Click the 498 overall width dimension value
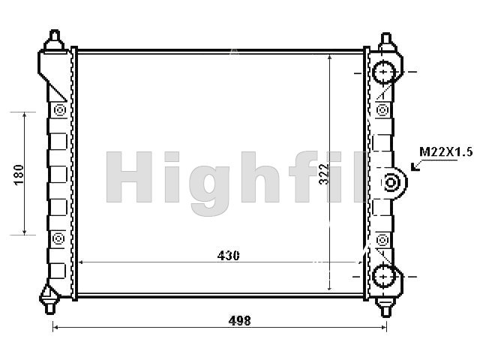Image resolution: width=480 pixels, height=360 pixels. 240,320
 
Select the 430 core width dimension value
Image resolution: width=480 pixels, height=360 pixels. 228,256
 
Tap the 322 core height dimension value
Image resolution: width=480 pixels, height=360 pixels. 323,174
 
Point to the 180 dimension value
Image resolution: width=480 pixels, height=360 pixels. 19,175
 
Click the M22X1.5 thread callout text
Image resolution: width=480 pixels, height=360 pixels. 446,152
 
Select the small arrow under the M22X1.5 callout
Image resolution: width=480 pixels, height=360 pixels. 415,166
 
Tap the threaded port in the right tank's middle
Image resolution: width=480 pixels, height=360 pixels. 391,183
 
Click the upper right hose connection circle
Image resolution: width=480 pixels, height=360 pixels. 383,72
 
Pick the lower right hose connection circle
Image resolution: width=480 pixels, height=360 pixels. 383,277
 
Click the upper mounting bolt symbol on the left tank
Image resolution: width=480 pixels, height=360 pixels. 60,110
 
